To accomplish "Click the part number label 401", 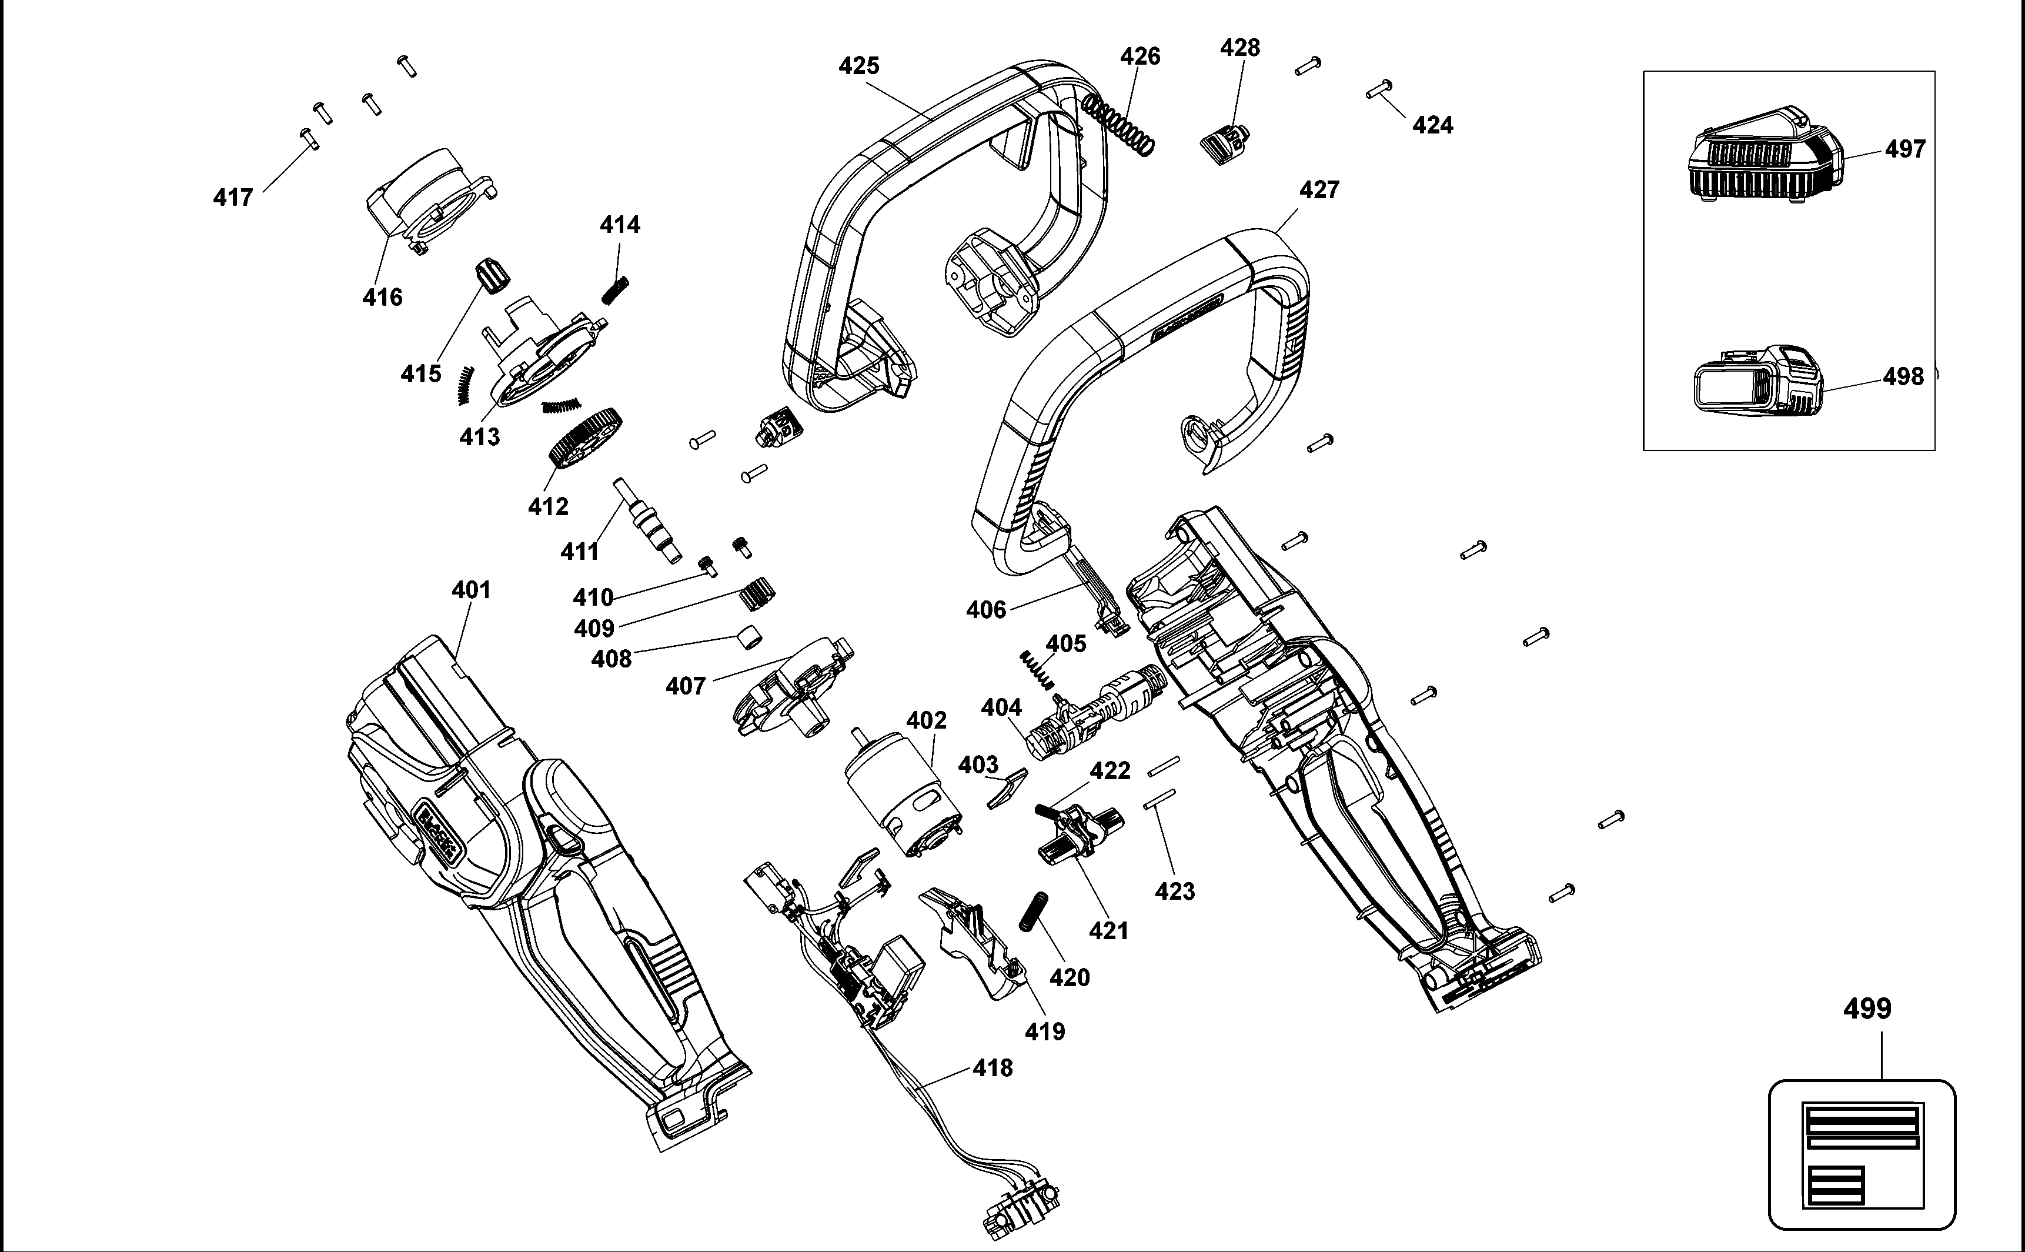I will [x=471, y=590].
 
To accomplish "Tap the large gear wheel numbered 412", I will [x=584, y=440].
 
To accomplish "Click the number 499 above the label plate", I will [x=1867, y=1009].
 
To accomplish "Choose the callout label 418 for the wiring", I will [x=993, y=1068].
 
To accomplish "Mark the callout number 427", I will [x=1319, y=191].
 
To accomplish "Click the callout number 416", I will [x=383, y=297].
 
